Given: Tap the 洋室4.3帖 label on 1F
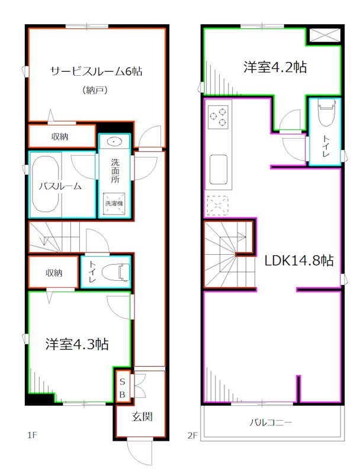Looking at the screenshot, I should (x=77, y=344).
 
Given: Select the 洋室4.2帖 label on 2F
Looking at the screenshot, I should (x=275, y=67).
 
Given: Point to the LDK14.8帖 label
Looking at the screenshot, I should (x=298, y=260).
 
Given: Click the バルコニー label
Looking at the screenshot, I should (x=269, y=423).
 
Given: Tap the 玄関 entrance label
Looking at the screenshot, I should (x=142, y=417).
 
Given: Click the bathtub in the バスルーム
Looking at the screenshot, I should (x=46, y=185).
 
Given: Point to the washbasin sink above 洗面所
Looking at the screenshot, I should (x=114, y=142).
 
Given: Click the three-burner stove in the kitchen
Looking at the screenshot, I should (x=218, y=116).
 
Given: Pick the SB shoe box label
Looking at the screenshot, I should (x=123, y=386).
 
